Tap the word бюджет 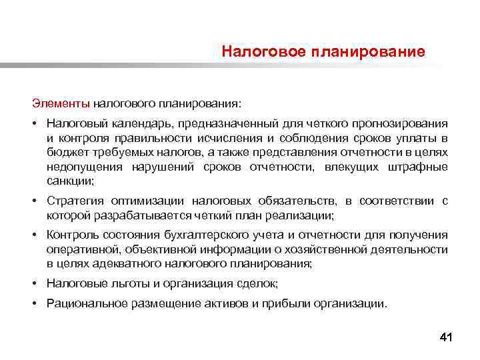tap(63, 153)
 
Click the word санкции tap(69, 181)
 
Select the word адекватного tap(127, 264)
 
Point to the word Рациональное tap(81, 303)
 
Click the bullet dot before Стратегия tap(34, 201)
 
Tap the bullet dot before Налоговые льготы tap(34, 283)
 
